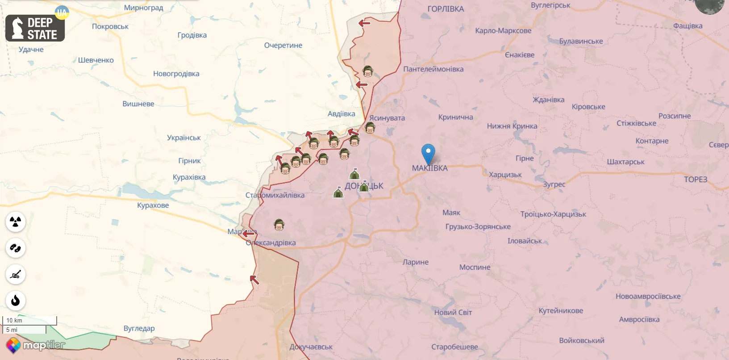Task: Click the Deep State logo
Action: point(35,28)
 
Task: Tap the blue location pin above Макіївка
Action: point(428,153)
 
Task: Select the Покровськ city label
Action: point(110,26)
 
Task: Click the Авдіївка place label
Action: point(342,113)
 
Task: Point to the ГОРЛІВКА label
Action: point(446,8)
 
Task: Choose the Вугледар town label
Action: point(139,328)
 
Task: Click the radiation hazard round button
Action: point(16,222)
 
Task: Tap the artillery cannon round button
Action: point(16,274)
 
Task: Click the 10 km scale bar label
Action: point(15,320)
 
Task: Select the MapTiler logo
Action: point(35,345)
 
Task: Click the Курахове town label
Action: point(153,205)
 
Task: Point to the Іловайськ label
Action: point(525,241)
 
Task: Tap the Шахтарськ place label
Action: point(625,162)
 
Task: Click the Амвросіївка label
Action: point(639,319)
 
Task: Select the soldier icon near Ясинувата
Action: point(370,128)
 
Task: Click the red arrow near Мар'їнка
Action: point(249,233)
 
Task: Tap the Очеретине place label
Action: point(283,45)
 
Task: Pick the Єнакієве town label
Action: point(520,55)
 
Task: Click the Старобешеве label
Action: point(454,347)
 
